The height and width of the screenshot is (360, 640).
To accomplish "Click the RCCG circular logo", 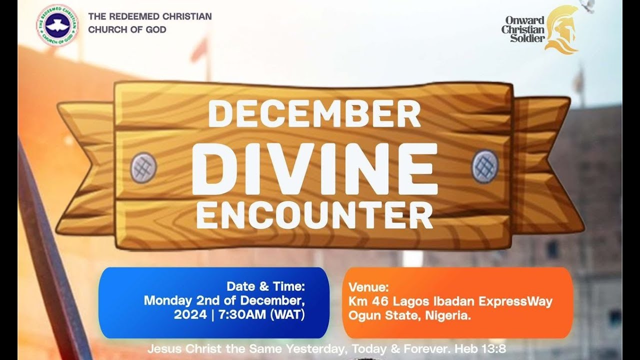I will pos(57,25).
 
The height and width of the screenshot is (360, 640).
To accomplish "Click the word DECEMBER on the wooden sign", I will pos(314,113).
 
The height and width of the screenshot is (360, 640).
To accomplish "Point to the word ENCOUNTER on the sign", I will pos(314,216).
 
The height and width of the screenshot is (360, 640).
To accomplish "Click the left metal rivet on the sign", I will pos(143,167).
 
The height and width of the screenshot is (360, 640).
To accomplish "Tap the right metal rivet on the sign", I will pos(484,166).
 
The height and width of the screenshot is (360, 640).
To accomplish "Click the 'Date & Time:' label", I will pos(265,286).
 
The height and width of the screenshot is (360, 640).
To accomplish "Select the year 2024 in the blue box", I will pos(190,315).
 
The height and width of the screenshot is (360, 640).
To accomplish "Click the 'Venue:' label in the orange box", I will pos(368,287).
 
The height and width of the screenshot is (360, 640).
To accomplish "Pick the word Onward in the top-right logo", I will pos(524,20).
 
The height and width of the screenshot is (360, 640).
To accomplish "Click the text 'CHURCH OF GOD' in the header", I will pos(127,29).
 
